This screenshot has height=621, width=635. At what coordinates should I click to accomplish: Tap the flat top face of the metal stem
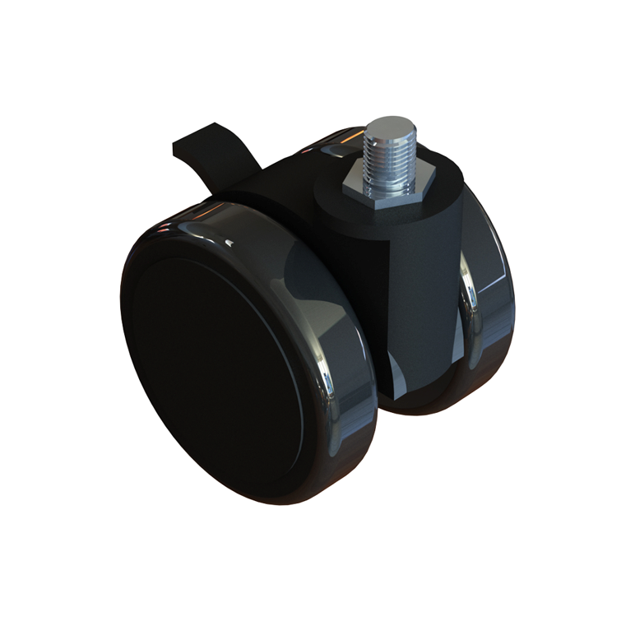pyautogui.click(x=385, y=127)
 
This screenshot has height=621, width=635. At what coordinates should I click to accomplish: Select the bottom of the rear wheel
pyautogui.click(x=444, y=408)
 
